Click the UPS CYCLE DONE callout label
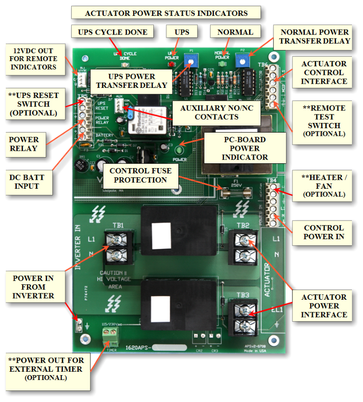(x=112, y=32)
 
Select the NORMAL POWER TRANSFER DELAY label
(x=315, y=37)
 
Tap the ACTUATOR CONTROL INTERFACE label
(x=324, y=72)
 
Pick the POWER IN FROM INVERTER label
(x=33, y=287)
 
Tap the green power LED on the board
(x=182, y=150)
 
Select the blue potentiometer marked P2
(x=240, y=60)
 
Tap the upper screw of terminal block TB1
(x=117, y=239)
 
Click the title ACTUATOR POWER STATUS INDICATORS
(x=166, y=13)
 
